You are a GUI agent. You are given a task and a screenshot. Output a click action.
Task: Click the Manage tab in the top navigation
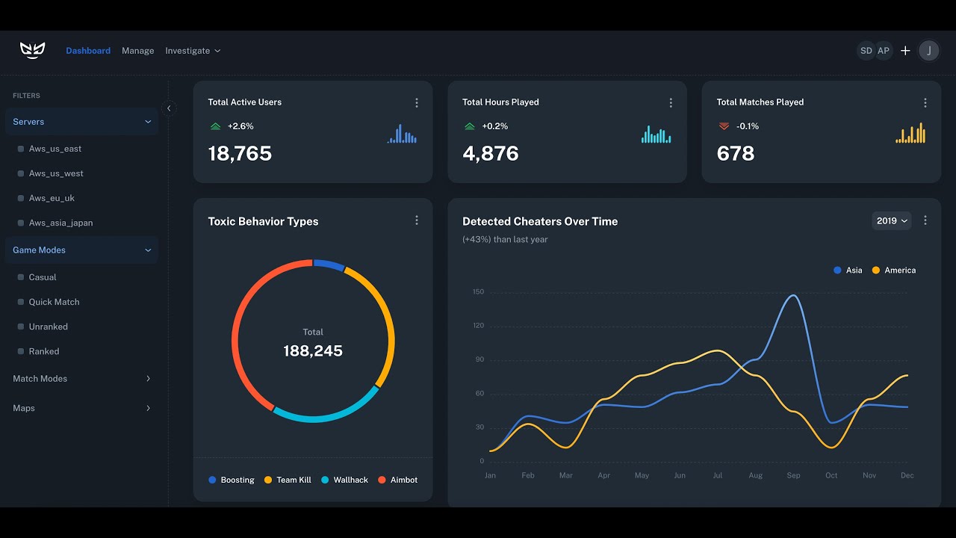(x=137, y=51)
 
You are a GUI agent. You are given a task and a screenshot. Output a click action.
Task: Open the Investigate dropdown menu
(x=193, y=51)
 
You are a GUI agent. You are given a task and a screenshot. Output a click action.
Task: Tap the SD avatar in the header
(x=866, y=51)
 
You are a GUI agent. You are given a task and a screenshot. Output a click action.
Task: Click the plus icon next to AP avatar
(x=905, y=51)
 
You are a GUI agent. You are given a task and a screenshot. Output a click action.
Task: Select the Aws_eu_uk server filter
(x=52, y=198)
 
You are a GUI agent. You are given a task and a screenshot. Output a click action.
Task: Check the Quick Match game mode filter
(x=54, y=302)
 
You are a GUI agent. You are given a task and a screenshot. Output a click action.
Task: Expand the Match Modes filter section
(x=81, y=379)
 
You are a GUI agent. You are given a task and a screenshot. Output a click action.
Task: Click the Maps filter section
(x=81, y=408)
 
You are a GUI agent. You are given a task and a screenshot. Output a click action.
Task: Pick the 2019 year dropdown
(x=892, y=220)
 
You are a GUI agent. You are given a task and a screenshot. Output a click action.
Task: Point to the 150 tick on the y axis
(x=478, y=292)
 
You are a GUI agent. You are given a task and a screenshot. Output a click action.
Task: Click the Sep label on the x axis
(x=793, y=475)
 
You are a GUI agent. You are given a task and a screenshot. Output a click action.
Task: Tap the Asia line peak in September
(x=793, y=295)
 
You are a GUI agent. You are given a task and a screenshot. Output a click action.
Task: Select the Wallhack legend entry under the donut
(x=344, y=480)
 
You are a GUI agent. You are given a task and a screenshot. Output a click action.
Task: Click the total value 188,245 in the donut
(x=313, y=351)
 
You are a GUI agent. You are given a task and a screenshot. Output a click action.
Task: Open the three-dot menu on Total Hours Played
(x=671, y=103)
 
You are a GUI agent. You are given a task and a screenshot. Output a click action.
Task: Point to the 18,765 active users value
(x=240, y=154)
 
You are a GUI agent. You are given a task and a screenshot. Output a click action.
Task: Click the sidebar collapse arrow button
(x=169, y=108)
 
